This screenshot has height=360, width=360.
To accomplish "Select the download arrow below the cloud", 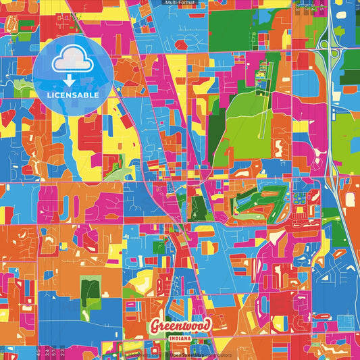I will [x=72, y=80].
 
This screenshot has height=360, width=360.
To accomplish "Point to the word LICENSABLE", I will [x=72, y=95].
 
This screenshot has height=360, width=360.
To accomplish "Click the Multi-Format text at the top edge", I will [x=180, y=3].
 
